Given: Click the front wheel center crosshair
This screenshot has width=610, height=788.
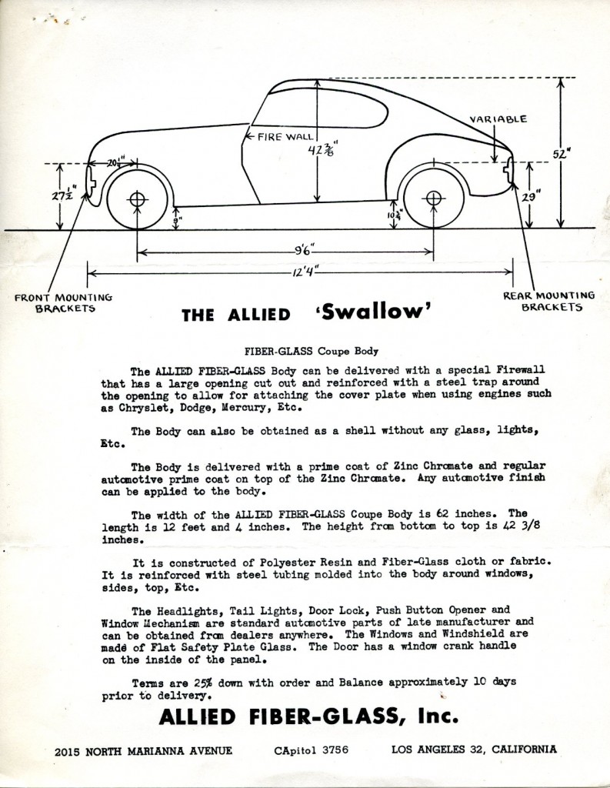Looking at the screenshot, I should [x=137, y=199].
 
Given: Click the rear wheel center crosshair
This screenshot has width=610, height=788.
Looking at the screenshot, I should [x=433, y=199].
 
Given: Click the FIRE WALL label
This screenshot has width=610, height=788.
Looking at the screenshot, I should [x=271, y=136].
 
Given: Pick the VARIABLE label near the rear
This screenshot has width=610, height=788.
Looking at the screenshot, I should [x=500, y=119].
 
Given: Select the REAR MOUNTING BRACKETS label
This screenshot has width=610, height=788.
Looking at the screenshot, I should [x=548, y=300].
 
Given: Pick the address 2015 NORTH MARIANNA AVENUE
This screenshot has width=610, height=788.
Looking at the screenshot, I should [x=144, y=749].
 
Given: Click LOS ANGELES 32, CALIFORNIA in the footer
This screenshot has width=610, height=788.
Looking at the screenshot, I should [x=474, y=749].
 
